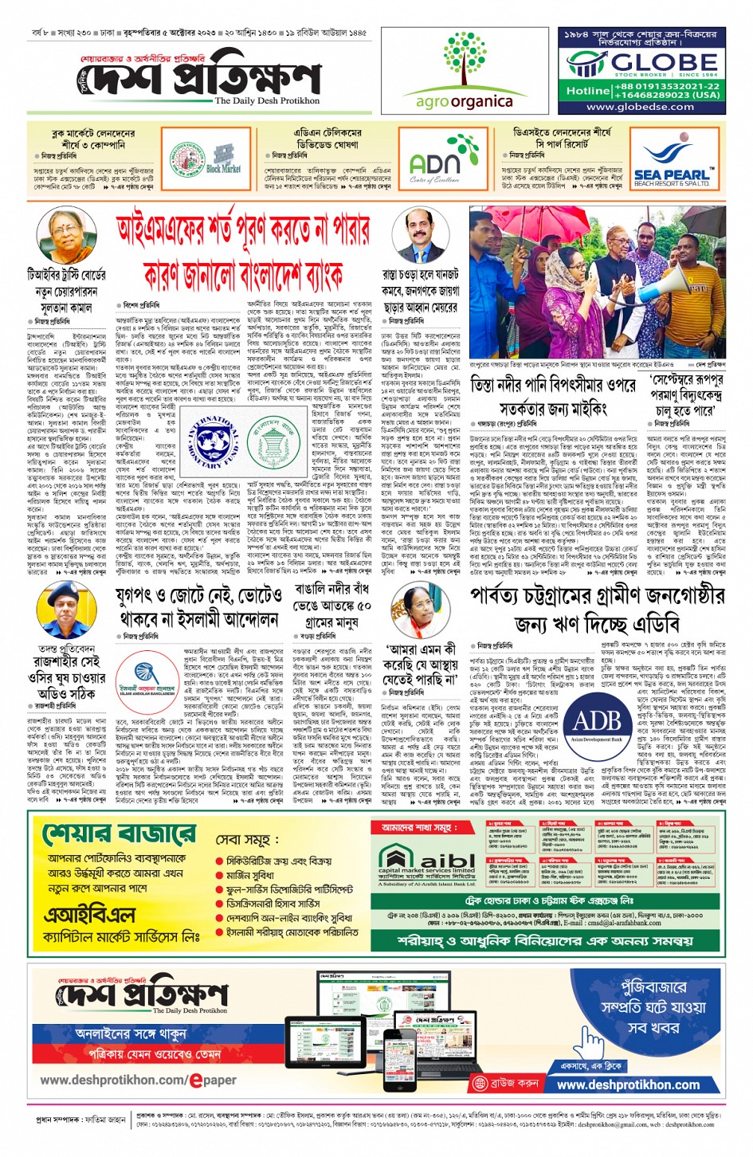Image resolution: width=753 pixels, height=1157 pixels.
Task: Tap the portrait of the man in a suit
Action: pyautogui.click(x=419, y=234)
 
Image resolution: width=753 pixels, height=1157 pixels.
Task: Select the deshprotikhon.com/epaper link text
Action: pyautogui.click(x=139, y=1081)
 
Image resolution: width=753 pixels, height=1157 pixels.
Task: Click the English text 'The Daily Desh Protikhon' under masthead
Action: pyautogui.click(x=267, y=100)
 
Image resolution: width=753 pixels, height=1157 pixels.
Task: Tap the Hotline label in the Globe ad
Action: pyautogui.click(x=587, y=90)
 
